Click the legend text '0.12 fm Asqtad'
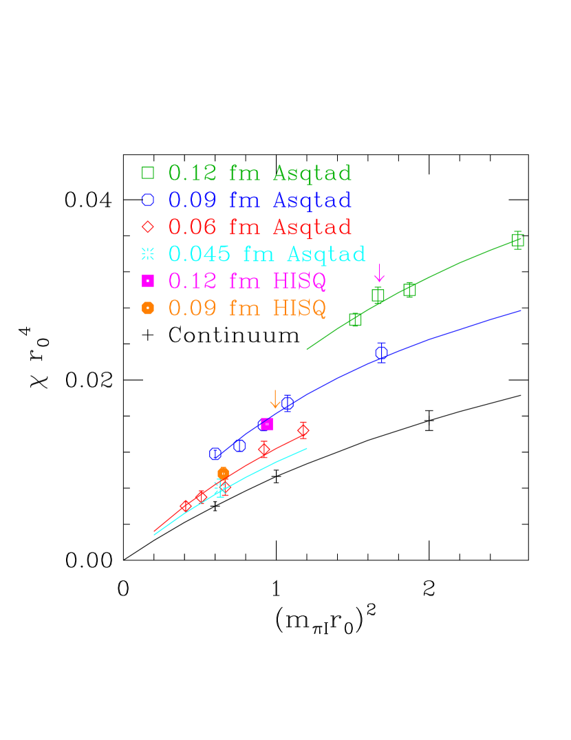(x=260, y=173)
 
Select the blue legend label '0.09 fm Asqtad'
(x=260, y=200)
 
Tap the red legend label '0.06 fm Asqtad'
(x=260, y=226)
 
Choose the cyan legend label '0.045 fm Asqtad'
(x=267, y=254)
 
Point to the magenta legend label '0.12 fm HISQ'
(x=247, y=281)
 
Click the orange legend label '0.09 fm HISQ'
(x=247, y=308)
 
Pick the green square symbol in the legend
(x=148, y=173)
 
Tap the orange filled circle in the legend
(x=148, y=308)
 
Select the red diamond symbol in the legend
(x=148, y=227)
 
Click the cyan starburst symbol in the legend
(x=148, y=254)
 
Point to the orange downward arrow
(x=275, y=399)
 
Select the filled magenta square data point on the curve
(x=267, y=424)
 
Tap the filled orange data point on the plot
(x=223, y=473)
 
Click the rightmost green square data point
(x=518, y=240)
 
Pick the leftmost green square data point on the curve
(x=355, y=319)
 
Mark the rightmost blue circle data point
(x=381, y=352)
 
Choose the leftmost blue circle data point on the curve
(x=215, y=454)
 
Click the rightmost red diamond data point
(x=303, y=431)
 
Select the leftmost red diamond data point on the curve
(x=186, y=507)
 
